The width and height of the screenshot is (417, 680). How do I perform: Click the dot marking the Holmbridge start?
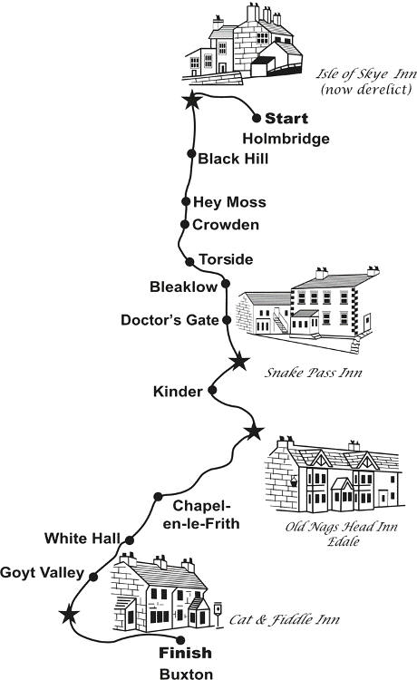[x=257, y=118]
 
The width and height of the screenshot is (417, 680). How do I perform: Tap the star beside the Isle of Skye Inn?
[x=192, y=101]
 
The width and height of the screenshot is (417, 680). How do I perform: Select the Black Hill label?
[x=233, y=159]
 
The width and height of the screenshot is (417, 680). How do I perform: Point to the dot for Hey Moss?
[x=186, y=201]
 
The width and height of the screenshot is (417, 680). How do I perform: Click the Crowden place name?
[x=226, y=225]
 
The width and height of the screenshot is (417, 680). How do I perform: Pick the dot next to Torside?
[x=189, y=261]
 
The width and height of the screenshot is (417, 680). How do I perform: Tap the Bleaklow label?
[x=183, y=287]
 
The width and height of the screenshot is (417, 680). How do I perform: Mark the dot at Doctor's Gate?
[x=227, y=320]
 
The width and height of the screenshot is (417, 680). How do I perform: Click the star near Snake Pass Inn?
[x=239, y=361]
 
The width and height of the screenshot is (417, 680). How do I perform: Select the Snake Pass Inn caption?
[x=314, y=373]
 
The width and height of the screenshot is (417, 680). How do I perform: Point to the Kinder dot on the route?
[x=212, y=390]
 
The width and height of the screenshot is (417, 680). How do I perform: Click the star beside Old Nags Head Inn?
[x=254, y=432]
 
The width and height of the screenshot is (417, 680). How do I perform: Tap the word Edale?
[x=343, y=541]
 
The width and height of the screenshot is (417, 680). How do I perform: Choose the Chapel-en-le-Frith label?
[x=201, y=515]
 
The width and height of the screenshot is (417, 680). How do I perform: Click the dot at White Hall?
[x=129, y=540]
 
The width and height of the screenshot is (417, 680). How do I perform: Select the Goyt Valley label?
[x=42, y=573]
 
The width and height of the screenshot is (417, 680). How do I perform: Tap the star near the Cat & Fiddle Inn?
[x=69, y=614]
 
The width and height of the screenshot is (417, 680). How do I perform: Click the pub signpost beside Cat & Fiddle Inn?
[x=218, y=613]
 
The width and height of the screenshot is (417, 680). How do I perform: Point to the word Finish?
[x=185, y=653]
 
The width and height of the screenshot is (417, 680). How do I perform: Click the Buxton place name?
[x=187, y=674]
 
